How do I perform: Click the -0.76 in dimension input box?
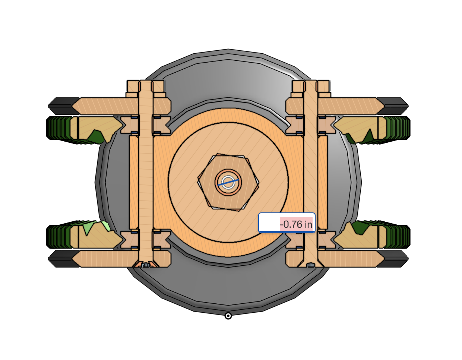(287, 222)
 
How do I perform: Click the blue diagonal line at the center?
(228, 183)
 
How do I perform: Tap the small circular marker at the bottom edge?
(228, 316)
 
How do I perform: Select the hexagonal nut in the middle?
(228, 182)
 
